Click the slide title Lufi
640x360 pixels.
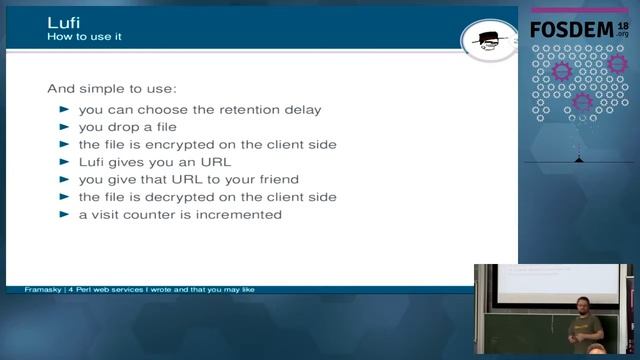(x=64, y=21)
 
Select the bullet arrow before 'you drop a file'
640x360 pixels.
(x=65, y=127)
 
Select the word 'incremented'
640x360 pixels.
(x=240, y=214)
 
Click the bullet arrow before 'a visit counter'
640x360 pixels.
(x=65, y=214)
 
